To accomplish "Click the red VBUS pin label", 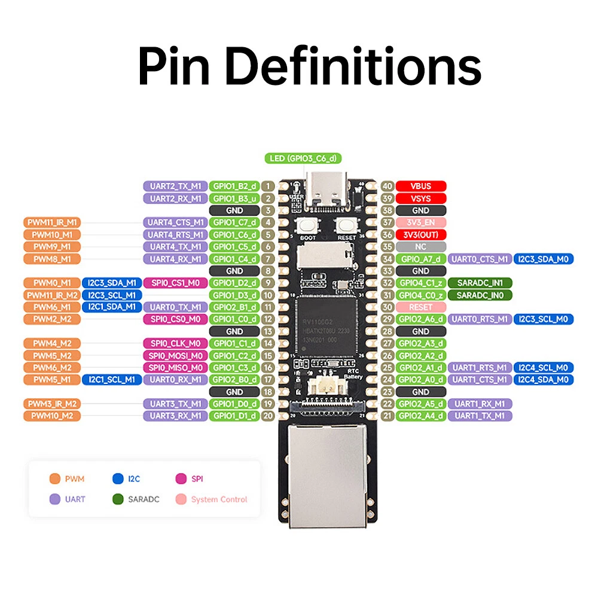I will [421, 186].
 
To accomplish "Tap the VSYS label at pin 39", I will [421, 198].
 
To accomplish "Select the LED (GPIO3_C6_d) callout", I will [303, 158].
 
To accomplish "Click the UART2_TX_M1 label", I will [175, 186].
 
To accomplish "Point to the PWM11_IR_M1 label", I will [52, 222].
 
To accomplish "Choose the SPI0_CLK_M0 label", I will [175, 343].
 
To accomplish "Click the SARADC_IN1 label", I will [480, 282].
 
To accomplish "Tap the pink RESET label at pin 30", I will [421, 307].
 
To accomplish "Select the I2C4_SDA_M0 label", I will [543, 380].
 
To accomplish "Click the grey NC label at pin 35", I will [421, 246].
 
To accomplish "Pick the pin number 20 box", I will [268, 416].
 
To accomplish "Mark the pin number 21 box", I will [388, 416].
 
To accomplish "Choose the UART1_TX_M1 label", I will [480, 416].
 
